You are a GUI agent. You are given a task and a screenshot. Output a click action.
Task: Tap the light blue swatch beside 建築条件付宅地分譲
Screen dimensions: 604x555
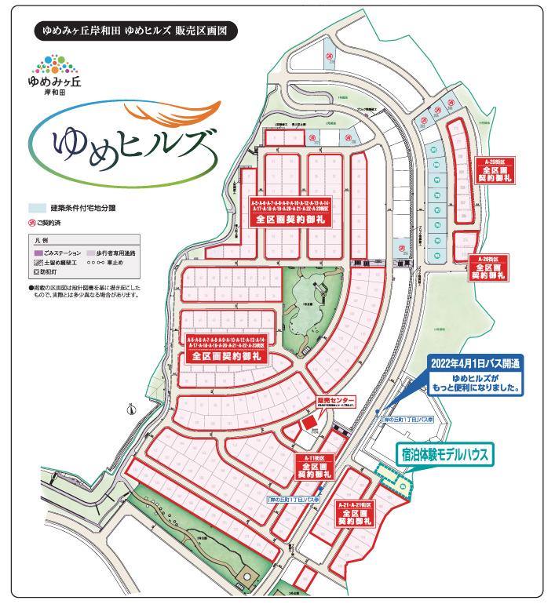(37, 209)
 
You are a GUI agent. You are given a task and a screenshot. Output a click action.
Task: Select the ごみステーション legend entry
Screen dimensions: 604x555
(60, 254)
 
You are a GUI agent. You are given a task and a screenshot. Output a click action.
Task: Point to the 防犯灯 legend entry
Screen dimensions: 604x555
(46, 275)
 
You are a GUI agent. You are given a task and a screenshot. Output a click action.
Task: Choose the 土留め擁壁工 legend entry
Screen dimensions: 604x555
(60, 265)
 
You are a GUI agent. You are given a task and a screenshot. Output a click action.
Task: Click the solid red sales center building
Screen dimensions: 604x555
(309, 423)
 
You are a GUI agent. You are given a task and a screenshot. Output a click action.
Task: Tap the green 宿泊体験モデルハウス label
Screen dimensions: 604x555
(444, 454)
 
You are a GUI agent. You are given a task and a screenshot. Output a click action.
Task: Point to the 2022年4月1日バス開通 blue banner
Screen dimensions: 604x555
(474, 364)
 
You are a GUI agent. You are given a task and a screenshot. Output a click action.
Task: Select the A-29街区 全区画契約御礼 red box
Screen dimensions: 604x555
(488, 267)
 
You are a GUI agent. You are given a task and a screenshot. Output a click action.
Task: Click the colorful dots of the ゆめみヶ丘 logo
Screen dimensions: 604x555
(53, 62)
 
